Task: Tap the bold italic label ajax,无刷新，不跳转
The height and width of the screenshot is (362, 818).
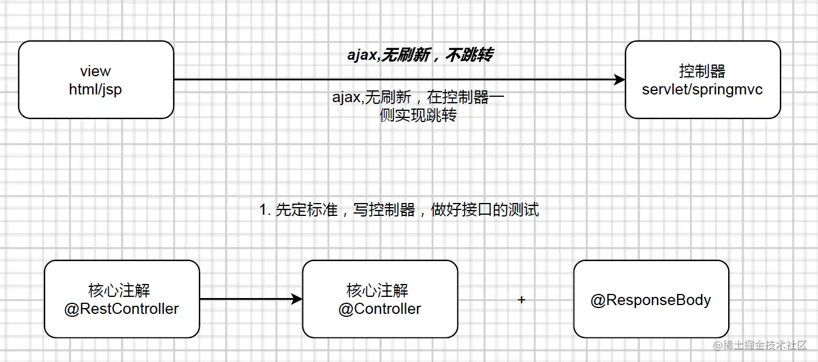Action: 420,55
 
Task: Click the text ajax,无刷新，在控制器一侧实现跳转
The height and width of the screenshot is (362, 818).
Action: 418,106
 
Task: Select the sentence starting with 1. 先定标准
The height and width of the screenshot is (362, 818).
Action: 399,209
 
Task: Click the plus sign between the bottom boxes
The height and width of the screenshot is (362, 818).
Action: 521,300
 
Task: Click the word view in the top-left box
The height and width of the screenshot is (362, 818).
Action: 95,72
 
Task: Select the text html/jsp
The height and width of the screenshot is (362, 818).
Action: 95,90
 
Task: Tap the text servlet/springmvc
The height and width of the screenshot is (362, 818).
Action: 702,90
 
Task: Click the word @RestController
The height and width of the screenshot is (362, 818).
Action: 122,309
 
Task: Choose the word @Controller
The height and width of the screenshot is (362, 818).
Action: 379,309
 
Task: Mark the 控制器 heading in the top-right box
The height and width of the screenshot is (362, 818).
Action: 702,72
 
